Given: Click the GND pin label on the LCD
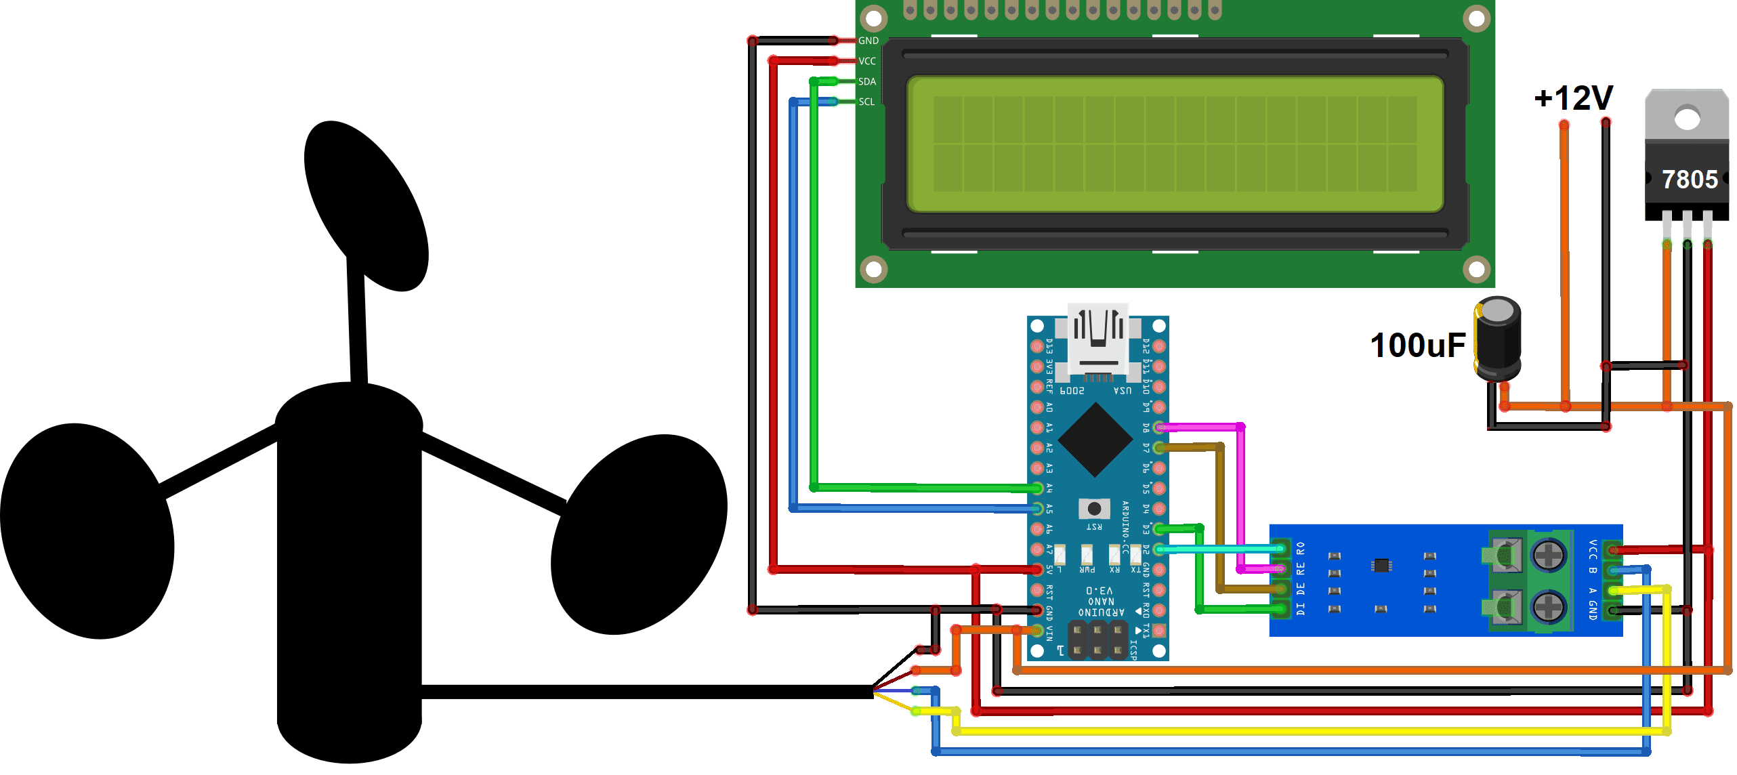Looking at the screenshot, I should click(x=868, y=41).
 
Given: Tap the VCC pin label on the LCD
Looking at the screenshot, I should click(x=867, y=61).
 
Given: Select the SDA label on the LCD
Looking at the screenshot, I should click(x=867, y=81).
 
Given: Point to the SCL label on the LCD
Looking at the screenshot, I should click(x=866, y=102).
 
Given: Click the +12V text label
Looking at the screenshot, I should click(x=1573, y=99).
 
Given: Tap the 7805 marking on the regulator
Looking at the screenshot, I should click(x=1690, y=180).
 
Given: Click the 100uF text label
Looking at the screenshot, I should click(x=1418, y=345).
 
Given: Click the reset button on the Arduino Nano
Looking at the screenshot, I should click(x=1094, y=508).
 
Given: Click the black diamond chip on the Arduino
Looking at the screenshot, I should click(x=1095, y=440).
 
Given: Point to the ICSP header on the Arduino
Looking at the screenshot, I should click(x=1097, y=640).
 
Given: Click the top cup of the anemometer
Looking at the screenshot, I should click(x=366, y=203).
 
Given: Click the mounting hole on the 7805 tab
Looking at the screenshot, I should click(x=1687, y=119).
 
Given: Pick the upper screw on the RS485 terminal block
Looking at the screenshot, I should click(x=1548, y=556).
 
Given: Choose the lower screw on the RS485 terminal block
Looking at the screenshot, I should click(x=1548, y=606).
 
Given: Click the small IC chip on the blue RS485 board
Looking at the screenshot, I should click(x=1381, y=565).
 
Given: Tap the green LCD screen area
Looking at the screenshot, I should click(x=1175, y=144).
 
